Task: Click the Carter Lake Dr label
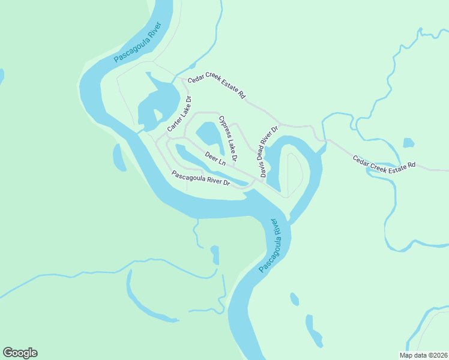179,114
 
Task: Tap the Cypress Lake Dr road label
228,139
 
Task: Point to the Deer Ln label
215,159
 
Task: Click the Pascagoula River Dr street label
201,179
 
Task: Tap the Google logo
20,353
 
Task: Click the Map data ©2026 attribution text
423,355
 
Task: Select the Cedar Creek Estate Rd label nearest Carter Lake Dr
216,88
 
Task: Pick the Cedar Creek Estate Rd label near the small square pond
384,162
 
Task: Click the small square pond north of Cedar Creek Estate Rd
408,143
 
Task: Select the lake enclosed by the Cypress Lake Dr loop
207,133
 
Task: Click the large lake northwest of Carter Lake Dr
159,99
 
